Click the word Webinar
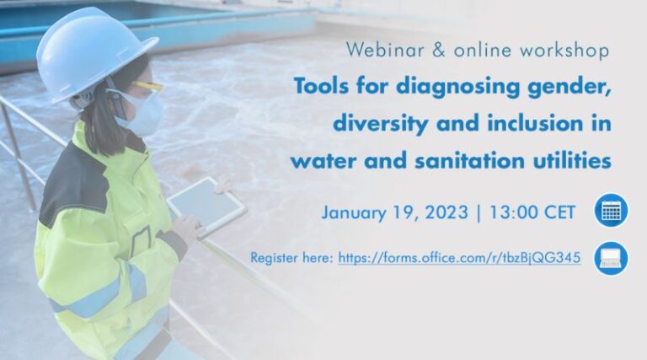[379, 51]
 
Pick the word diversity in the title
[377, 124]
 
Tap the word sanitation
[461, 160]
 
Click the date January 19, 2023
[393, 211]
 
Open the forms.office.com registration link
[459, 258]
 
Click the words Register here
[291, 258]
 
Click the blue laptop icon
[611, 257]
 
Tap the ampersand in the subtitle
[437, 51]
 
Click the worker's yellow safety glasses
[144, 86]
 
